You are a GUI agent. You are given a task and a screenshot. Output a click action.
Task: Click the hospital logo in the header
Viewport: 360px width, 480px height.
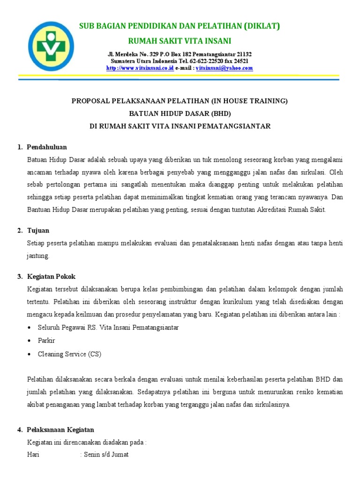51,45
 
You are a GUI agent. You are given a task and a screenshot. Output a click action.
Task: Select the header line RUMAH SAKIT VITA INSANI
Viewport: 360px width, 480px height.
180,40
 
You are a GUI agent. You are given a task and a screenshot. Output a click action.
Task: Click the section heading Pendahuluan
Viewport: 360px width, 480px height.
47,147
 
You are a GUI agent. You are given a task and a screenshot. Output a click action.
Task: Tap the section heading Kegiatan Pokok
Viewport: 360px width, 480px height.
51,277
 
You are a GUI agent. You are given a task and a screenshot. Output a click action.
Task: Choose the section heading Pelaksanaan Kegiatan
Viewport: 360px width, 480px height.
60,429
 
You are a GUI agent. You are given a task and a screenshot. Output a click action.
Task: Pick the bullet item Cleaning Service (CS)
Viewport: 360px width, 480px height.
69,354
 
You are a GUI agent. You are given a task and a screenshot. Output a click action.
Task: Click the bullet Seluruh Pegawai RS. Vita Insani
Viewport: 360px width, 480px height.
108,327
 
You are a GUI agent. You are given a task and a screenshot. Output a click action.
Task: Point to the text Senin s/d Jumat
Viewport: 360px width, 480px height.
106,455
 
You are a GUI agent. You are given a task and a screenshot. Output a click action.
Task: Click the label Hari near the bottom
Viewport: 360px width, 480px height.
33,455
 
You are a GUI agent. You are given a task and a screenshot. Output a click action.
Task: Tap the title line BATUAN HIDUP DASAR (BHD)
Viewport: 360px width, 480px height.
180,113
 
